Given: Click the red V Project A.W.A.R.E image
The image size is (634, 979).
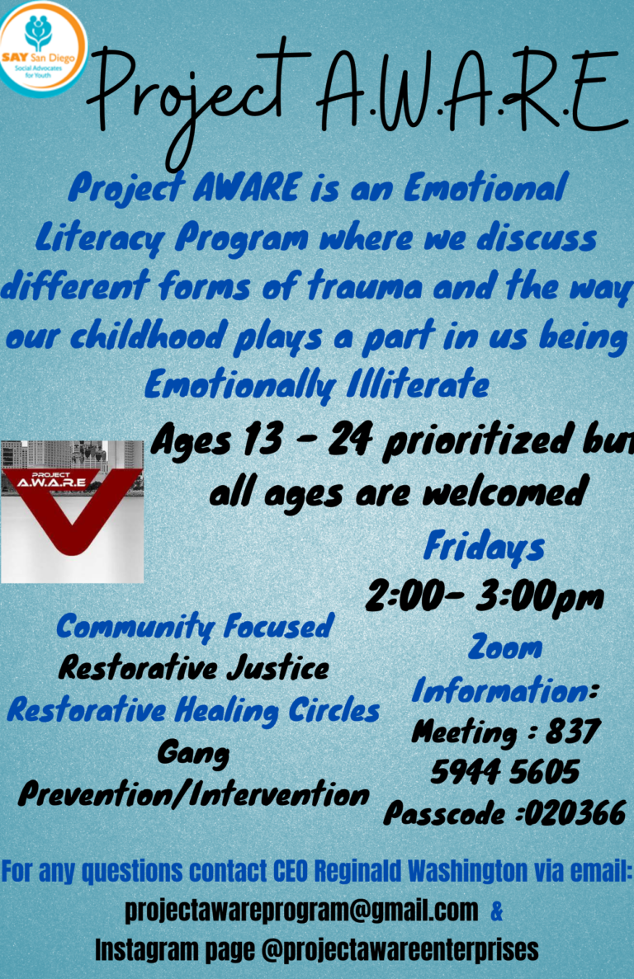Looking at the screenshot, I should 73,511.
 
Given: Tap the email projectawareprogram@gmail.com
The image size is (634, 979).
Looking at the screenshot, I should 301,911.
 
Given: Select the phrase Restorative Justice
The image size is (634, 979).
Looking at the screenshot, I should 193,668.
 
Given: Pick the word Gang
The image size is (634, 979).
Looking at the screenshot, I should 192,753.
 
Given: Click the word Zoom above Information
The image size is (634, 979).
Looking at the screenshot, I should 505,647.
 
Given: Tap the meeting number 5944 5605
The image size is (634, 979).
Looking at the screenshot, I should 504,773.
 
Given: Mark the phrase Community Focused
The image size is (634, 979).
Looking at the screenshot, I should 195,627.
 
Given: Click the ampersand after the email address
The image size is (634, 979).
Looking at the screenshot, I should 497,911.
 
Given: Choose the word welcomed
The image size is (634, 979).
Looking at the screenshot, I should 504,493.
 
